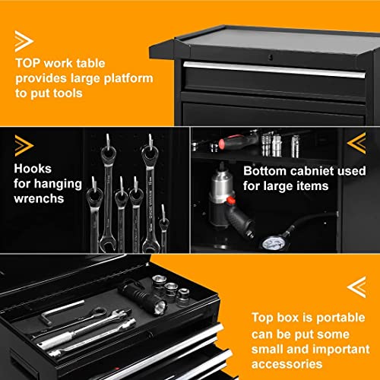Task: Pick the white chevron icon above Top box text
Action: click(355, 287)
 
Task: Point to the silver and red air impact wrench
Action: click(228, 205)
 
